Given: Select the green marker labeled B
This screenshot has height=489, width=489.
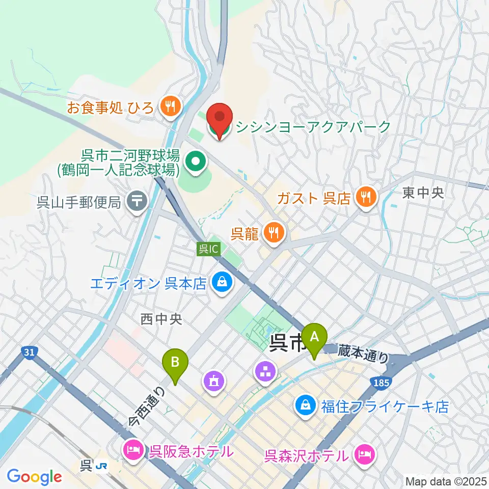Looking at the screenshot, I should [175, 363].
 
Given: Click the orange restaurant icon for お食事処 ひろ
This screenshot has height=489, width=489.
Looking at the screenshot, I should [168, 106].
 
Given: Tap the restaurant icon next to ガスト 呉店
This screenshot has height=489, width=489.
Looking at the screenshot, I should [366, 196].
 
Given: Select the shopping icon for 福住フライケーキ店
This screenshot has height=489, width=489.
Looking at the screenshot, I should [305, 406].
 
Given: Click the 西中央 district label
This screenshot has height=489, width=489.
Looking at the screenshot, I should [161, 319].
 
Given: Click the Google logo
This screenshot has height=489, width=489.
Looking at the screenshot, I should [34, 476].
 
